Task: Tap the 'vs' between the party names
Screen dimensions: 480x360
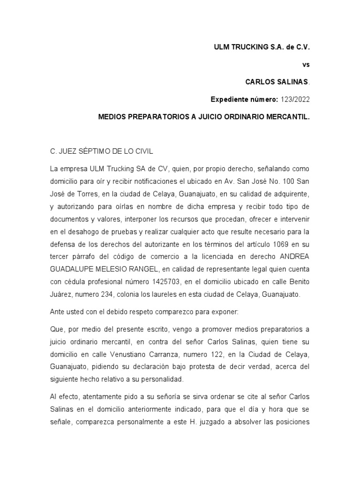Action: click(306, 65)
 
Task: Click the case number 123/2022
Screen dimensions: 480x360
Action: click(295, 99)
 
